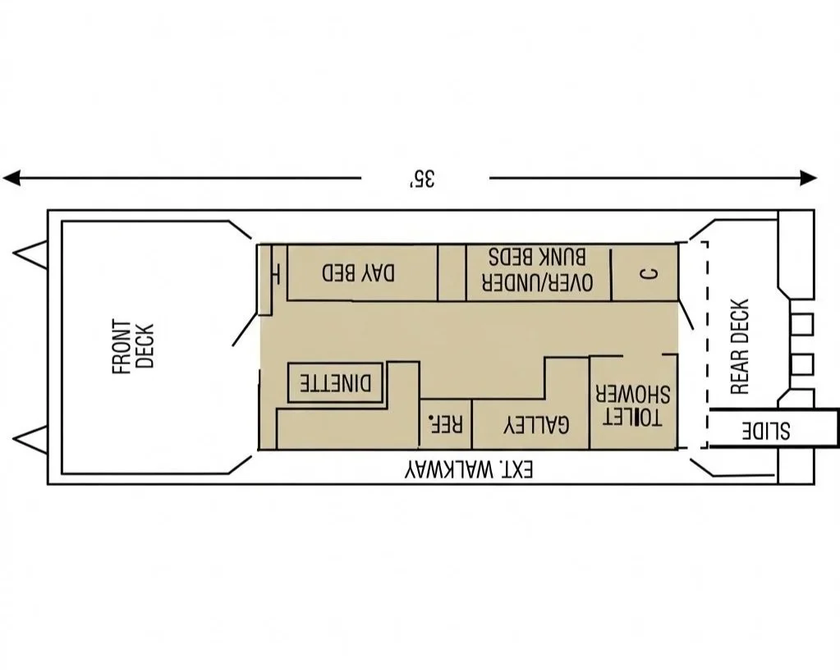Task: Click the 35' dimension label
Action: point(424,178)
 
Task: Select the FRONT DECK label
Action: point(132,347)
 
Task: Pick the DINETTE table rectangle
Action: point(335,383)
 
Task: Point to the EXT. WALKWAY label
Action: point(469,469)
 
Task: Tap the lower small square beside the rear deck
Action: point(801,363)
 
